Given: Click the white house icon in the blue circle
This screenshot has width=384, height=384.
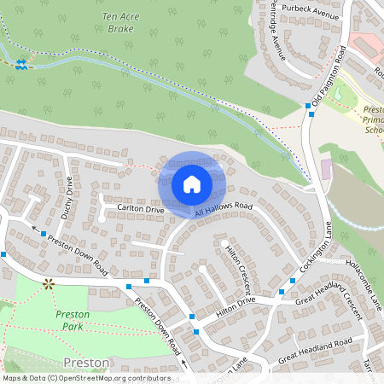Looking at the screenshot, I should click(x=192, y=183).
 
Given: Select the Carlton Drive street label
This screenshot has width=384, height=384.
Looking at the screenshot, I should click(x=141, y=209).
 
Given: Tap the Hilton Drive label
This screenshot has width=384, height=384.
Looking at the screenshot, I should click(x=236, y=307).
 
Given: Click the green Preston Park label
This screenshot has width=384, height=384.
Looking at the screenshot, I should click(x=73, y=320).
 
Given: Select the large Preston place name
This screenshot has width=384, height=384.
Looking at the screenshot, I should click(x=86, y=363).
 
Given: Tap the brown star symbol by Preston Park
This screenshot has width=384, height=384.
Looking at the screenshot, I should click(x=49, y=282).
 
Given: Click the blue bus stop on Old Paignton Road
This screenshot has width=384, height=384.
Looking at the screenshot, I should click(x=309, y=106).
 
